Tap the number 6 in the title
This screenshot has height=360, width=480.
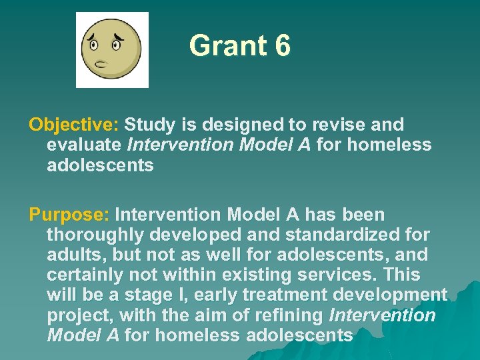281,46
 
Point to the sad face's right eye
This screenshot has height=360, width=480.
117,45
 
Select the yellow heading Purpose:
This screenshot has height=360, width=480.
69,215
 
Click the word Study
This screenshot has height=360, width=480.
151,125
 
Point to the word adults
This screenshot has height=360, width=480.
72,255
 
